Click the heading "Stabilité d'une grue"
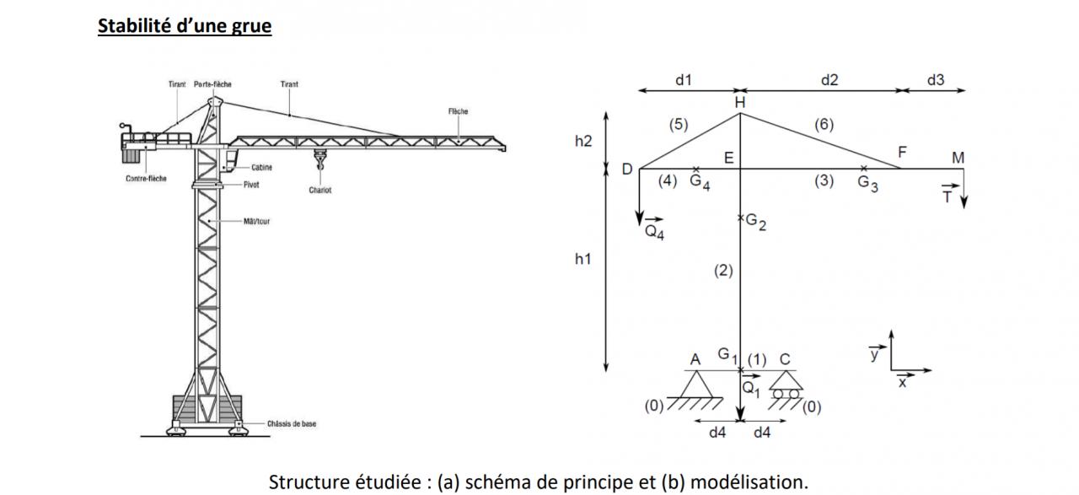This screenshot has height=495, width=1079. point(185,26)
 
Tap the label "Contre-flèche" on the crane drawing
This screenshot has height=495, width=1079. point(146,179)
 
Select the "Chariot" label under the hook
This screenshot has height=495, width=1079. point(319,190)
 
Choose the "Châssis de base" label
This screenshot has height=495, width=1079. point(292,423)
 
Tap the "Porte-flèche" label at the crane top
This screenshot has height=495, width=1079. point(212,84)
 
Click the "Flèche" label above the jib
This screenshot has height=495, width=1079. point(458,111)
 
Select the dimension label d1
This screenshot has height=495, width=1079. point(684,79)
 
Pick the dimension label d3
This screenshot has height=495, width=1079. point(935,79)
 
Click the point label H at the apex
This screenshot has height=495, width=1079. point(740,102)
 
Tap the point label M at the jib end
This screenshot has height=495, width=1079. point(958,158)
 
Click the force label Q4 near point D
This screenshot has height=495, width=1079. point(654,229)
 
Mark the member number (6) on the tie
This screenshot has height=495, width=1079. point(824,124)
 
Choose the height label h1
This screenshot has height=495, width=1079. point(582,259)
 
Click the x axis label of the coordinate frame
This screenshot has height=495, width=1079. point(903,383)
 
